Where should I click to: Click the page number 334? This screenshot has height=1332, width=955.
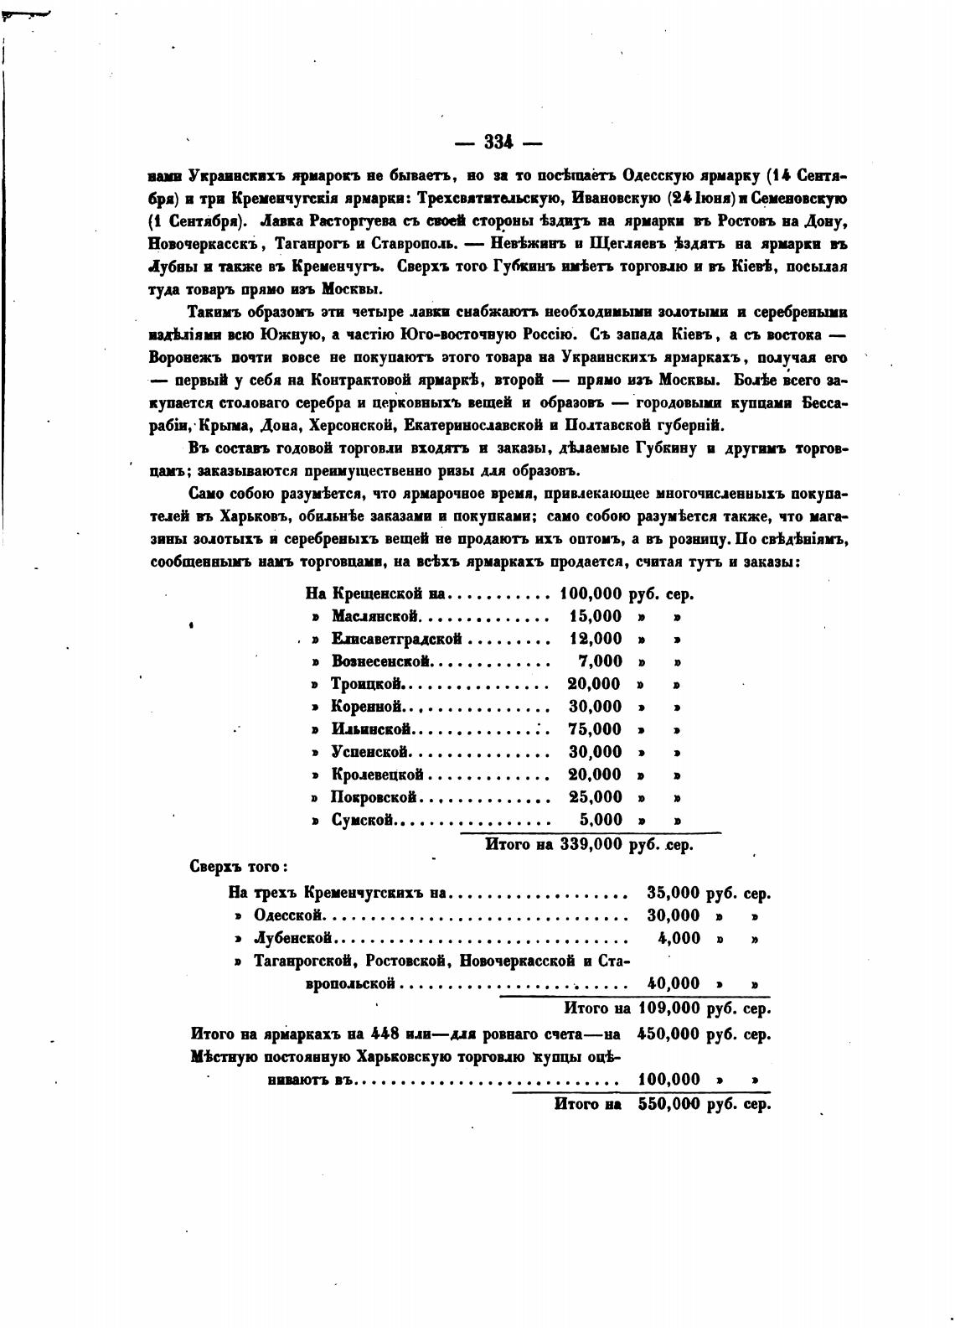[498, 143]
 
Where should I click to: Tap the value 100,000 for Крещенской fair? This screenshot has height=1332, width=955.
[590, 594]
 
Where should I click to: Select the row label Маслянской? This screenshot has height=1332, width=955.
[374, 617]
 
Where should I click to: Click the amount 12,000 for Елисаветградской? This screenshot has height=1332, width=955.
[595, 640]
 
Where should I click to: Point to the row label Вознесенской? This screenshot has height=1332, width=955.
[381, 662]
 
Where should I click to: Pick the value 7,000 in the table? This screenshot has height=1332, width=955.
[601, 662]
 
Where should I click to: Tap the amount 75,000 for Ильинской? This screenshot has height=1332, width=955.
[595, 730]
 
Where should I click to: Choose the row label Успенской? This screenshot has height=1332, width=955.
[369, 753]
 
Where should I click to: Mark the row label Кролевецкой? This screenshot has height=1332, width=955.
[378, 775]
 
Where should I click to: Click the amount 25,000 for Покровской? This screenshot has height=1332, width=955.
[595, 798]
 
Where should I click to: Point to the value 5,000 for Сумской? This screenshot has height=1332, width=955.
[601, 821]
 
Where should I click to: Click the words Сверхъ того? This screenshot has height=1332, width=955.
[239, 867]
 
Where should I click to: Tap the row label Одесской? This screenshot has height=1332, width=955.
[289, 916]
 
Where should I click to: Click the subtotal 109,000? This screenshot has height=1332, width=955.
[668, 1008]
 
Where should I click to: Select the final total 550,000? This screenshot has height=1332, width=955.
[668, 1105]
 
